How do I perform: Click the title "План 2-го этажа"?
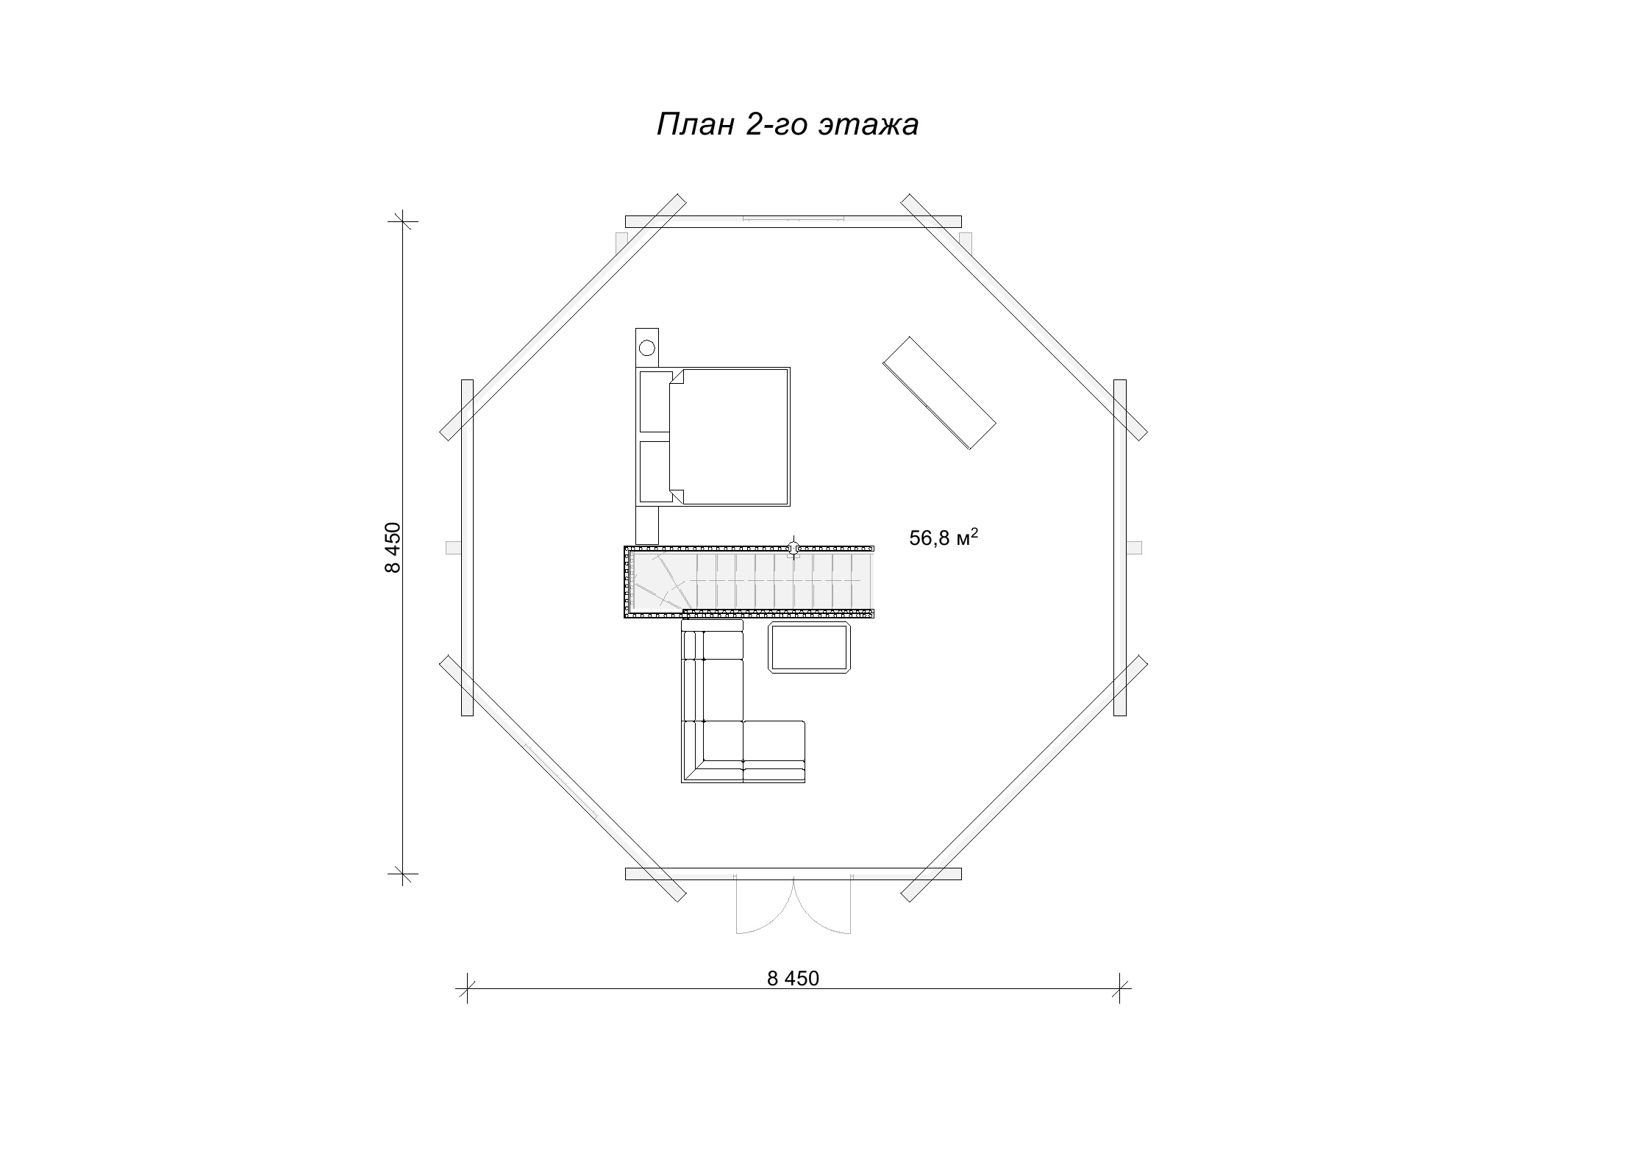click(x=787, y=125)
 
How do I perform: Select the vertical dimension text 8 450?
click(x=393, y=548)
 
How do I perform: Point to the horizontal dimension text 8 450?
click(x=793, y=978)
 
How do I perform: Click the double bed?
click(x=713, y=437)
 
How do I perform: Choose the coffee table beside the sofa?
click(x=810, y=647)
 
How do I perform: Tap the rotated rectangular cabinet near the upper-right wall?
click(x=939, y=393)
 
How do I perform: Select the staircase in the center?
click(x=749, y=582)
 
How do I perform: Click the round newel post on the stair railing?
click(x=793, y=548)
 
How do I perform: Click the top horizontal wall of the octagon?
click(x=793, y=221)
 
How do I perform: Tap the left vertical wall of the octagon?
click(x=467, y=547)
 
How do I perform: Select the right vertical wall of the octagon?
click(x=1120, y=547)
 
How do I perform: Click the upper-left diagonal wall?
click(x=563, y=317)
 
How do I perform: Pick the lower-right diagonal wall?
click(x=1024, y=778)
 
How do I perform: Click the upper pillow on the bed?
click(x=655, y=402)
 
